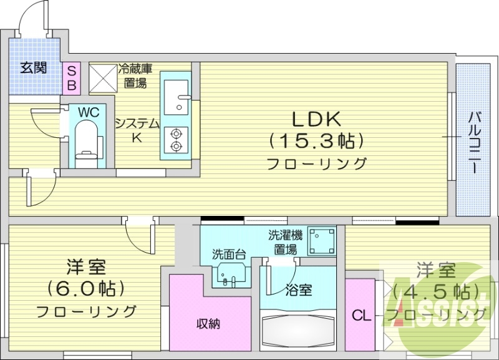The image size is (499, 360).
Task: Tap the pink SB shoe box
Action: pos(71,77)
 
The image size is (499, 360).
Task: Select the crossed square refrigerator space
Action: pos(102,77)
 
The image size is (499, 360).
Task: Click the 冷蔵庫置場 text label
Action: pos(135,75)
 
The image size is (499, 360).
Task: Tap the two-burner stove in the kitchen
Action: pos(176,140)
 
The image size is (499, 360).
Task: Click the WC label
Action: pos(87,112)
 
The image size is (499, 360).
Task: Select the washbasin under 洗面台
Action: pos(230,273)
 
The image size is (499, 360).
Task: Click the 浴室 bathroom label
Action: pos(298,290)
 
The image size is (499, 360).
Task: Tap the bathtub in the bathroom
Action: pos(298,331)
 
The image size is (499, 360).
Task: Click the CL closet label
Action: pos(361,316)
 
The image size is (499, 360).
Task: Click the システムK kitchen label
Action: pos(137,130)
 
